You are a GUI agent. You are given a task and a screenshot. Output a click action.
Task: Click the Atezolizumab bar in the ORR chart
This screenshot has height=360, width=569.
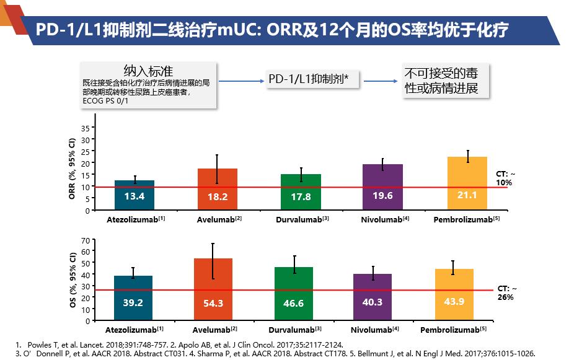pos(135,195)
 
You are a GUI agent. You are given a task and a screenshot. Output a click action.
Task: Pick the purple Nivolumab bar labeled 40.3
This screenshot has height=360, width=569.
pos(373,297)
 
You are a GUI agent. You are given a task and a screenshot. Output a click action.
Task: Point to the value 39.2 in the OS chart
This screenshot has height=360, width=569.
pos(133,303)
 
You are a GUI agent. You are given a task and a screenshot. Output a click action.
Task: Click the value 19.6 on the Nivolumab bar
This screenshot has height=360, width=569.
pos(382,196)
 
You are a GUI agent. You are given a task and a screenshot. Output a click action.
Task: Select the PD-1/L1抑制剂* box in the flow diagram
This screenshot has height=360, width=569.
pos(312,79)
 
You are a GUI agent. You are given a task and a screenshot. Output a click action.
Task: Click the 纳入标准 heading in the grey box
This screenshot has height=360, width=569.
pos(148,69)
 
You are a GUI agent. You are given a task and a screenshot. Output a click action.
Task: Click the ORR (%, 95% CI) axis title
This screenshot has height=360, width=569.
pos(73,167)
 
